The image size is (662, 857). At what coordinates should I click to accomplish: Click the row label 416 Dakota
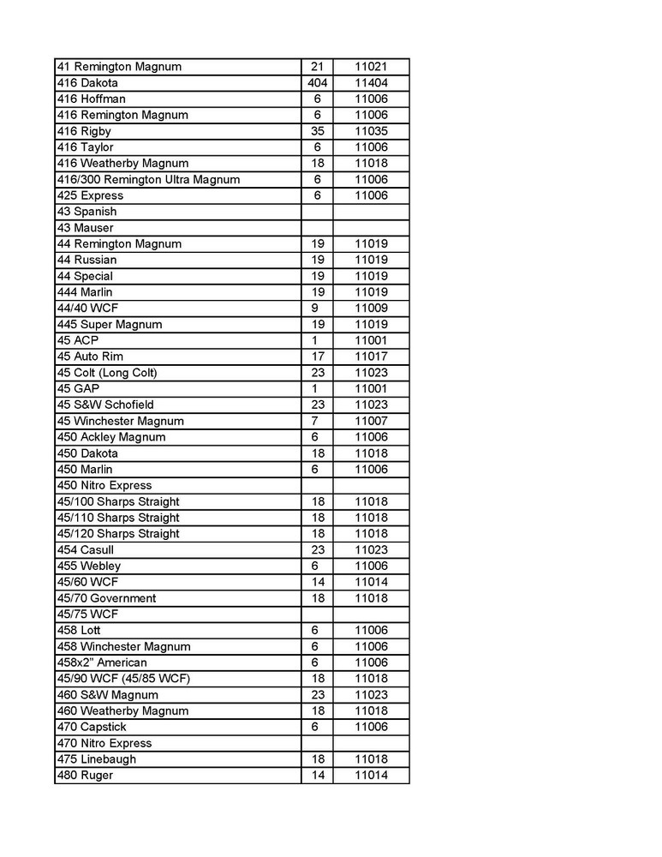coord(86,83)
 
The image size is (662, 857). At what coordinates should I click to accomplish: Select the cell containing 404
coord(316,83)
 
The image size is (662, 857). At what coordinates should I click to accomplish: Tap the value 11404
coord(372,83)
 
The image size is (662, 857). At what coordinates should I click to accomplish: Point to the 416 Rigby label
coord(84,131)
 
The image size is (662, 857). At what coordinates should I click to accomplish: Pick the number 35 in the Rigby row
coord(316,131)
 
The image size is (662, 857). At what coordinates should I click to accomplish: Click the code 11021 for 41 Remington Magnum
coord(372,67)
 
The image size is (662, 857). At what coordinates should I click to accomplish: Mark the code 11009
coord(372,309)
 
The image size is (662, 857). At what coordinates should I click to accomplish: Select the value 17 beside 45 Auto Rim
coord(316,357)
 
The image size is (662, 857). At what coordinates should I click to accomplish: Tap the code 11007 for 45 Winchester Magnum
coord(372,421)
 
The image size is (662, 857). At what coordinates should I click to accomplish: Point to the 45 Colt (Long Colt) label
coord(107,373)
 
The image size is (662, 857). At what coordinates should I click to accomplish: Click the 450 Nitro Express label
coord(104,485)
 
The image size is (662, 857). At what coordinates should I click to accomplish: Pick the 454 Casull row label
coord(85,549)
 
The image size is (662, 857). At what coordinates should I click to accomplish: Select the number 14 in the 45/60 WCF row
coord(316,582)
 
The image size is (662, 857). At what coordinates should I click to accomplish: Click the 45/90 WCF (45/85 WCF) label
coord(122,679)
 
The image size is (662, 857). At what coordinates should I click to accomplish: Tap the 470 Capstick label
coord(92,727)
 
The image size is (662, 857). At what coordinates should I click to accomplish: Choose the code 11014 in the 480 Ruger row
coord(372,775)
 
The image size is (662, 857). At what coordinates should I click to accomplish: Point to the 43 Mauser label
coord(85,228)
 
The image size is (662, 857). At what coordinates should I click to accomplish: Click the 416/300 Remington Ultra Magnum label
coord(148,179)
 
